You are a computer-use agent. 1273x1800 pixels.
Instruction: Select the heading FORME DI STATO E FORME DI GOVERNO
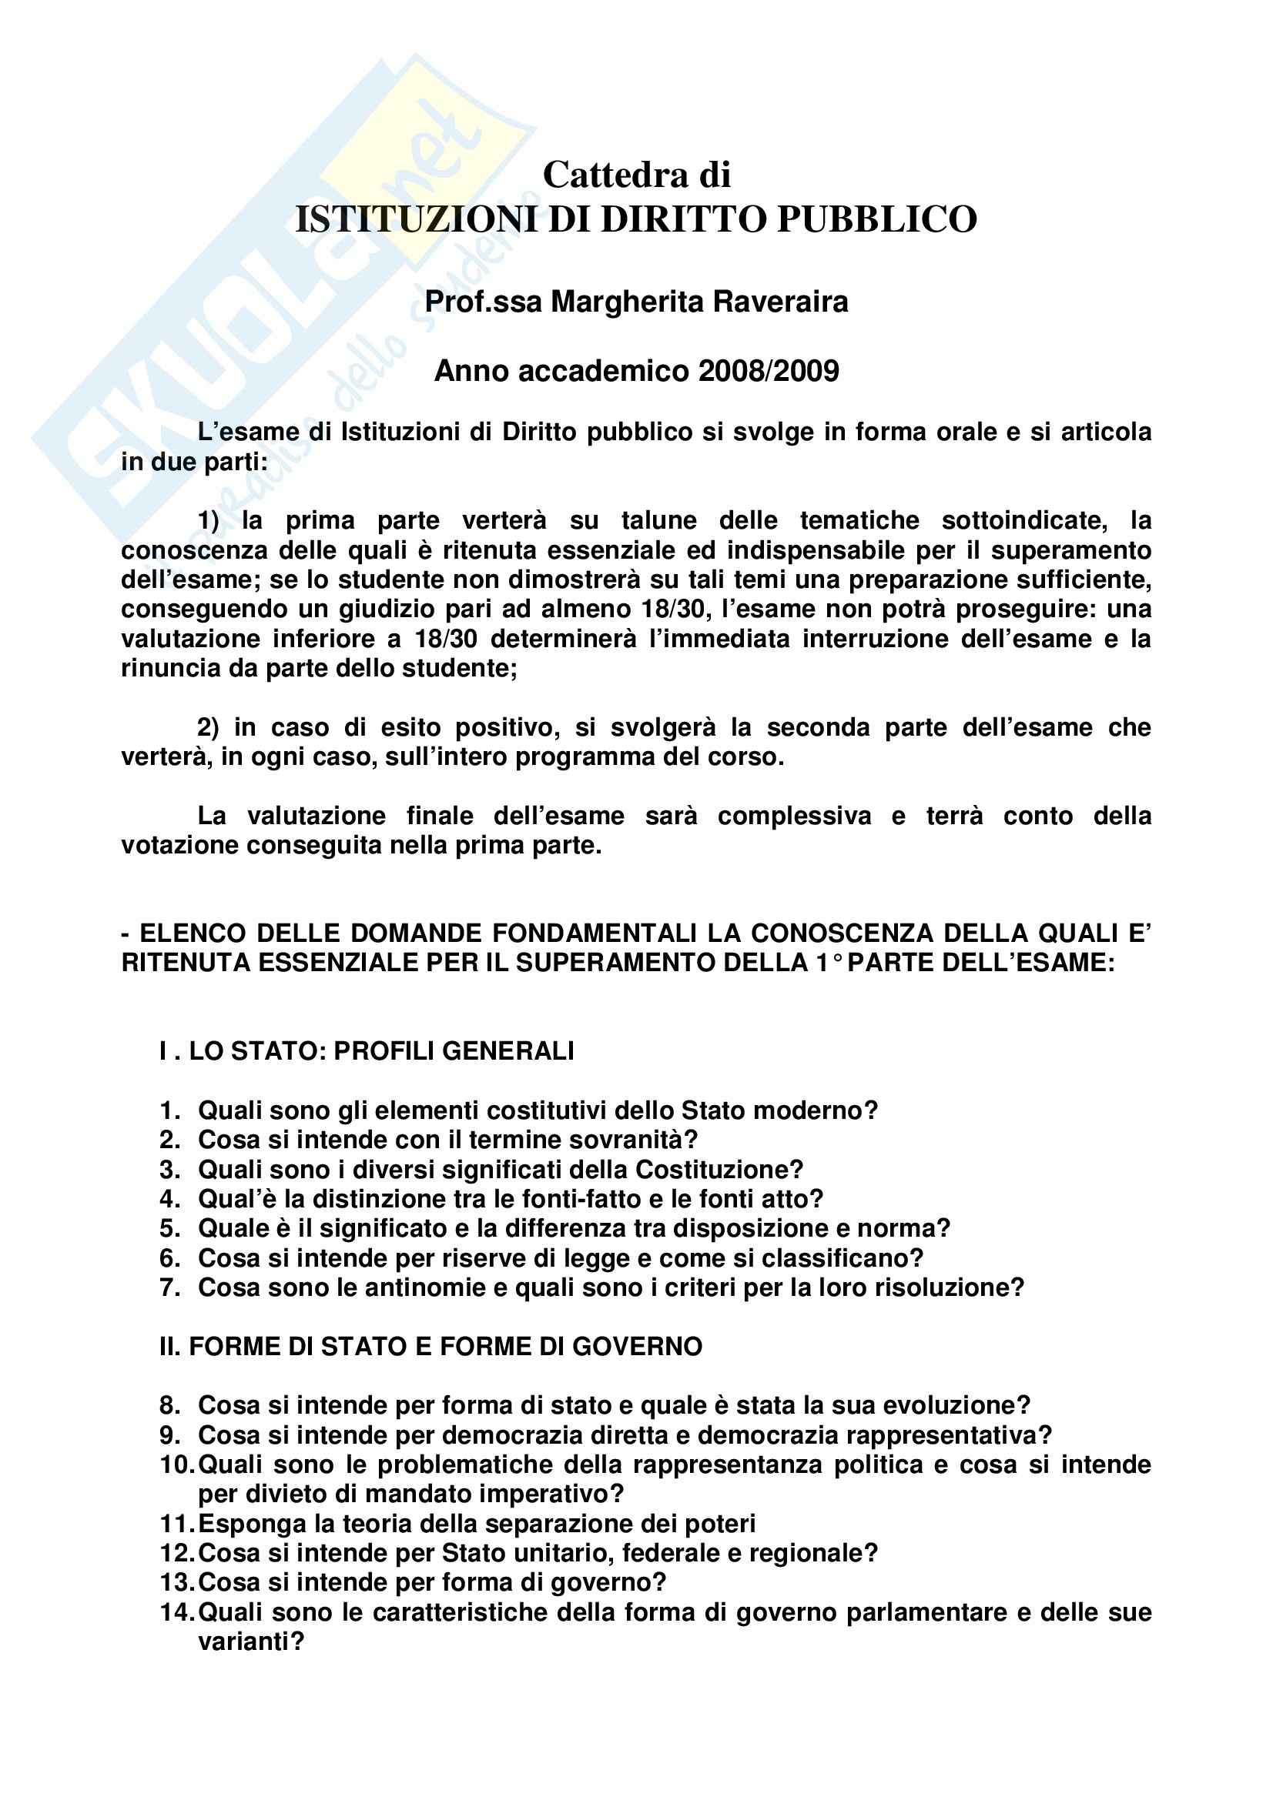[x=444, y=1346]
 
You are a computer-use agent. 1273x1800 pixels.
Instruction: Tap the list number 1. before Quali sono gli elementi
[x=170, y=1110]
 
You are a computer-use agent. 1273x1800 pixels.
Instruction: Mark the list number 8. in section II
[x=170, y=1405]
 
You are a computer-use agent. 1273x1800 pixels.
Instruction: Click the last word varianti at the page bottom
[x=250, y=1641]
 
